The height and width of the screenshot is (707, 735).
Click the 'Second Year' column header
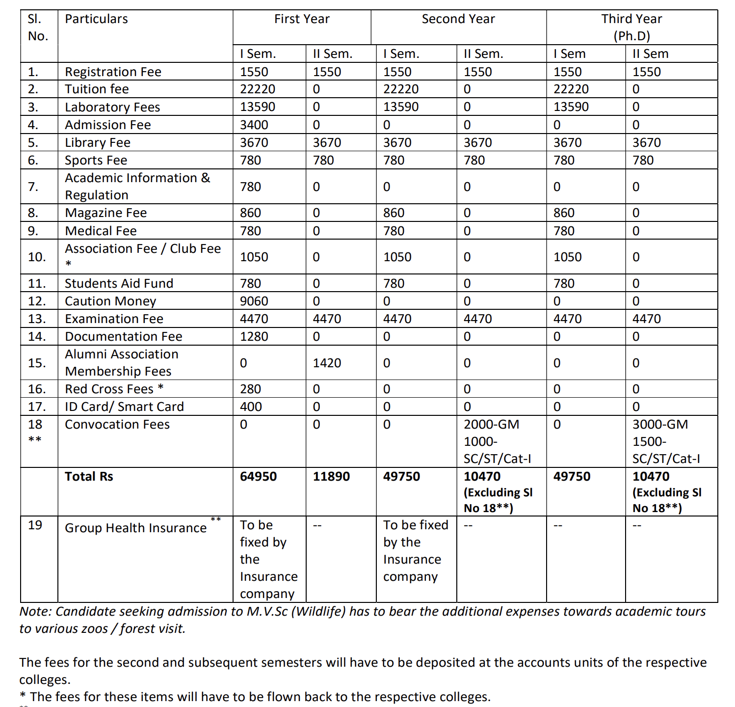tap(458, 19)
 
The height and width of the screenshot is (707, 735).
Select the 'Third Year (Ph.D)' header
tap(631, 27)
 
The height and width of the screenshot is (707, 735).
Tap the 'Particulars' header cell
tap(96, 19)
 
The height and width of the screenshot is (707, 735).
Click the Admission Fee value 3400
tap(254, 125)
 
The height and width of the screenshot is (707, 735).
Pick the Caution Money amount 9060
tap(254, 301)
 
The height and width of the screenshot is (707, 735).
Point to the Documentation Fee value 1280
tap(254, 336)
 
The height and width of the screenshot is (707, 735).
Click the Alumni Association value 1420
tap(327, 363)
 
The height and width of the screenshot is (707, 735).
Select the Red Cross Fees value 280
tap(250, 389)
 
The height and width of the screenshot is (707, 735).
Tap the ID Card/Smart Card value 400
tap(250, 407)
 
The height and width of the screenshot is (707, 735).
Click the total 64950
tap(258, 476)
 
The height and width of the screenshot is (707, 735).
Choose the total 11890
tap(331, 476)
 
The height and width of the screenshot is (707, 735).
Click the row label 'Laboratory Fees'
tap(112, 107)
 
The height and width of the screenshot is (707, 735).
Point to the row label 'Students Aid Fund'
tap(119, 283)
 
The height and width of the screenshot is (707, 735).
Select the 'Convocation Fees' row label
tap(117, 424)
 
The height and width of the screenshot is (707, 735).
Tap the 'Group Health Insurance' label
tap(135, 528)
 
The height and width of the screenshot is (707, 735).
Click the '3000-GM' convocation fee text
tap(660, 424)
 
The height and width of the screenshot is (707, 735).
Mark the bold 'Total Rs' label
tap(89, 476)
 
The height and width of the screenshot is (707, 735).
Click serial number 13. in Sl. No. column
tap(37, 319)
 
